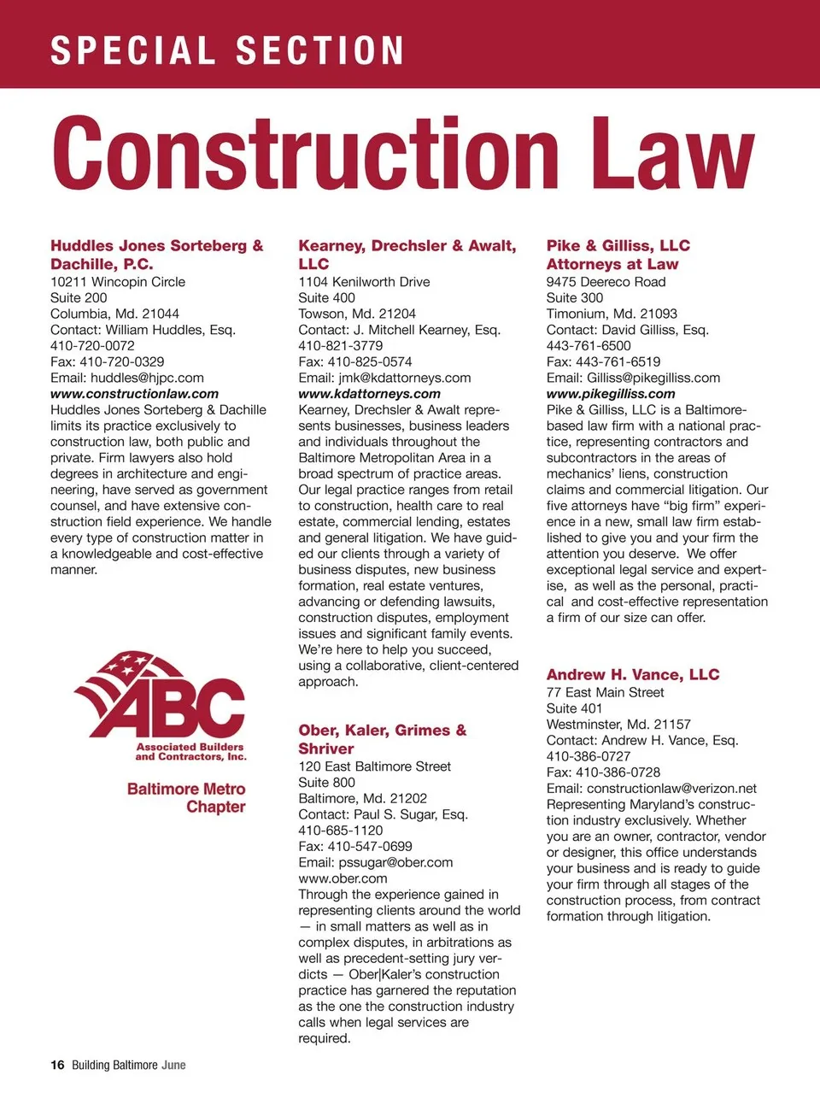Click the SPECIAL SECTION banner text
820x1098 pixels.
point(227,50)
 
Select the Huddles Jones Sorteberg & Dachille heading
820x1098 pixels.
point(156,255)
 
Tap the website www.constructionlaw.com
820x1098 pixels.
point(134,394)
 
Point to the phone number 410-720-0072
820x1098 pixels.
point(92,346)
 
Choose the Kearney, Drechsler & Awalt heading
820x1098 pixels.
point(407,255)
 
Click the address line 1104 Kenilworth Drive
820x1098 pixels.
point(364,282)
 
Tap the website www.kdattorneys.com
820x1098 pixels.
point(369,394)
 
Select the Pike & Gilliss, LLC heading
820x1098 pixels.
point(618,246)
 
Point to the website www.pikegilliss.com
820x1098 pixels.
point(610,394)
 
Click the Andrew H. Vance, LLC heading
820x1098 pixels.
point(632,675)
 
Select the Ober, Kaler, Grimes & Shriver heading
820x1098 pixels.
point(382,739)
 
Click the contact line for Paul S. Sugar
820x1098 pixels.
point(383,814)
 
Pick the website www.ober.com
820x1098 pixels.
point(343,878)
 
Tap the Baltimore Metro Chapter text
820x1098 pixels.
point(186,798)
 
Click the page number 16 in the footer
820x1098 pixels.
point(57,1065)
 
